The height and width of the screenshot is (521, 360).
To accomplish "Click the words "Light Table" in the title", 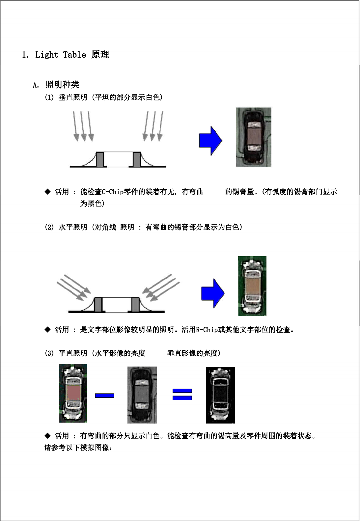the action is point(61,55).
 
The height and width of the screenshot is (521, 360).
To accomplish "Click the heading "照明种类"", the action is point(62,85).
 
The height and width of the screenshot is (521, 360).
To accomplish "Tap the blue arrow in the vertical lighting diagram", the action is point(210,141).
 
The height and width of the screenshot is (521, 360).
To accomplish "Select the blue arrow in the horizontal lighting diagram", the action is point(213,293).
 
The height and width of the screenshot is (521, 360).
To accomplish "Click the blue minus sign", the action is point(104,396).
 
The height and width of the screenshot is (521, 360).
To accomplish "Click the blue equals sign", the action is point(182,394).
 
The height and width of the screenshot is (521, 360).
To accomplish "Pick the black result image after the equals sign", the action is point(220,395).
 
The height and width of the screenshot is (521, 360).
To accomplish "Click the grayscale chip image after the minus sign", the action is point(142,395).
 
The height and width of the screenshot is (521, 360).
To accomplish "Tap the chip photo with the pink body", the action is point(73,393).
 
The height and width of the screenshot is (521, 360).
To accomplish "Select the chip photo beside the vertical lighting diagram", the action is point(254,137).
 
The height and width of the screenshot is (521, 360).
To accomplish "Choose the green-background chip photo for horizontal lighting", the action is point(252,286).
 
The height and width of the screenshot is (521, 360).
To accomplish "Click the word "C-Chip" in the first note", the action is point(113,192).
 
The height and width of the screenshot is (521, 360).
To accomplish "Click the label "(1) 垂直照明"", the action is point(66,97).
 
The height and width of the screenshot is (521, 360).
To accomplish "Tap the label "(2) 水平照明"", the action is point(66,227).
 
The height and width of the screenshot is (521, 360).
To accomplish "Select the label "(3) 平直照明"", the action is point(66,353).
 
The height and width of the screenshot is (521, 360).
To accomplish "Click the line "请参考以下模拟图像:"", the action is point(78,448).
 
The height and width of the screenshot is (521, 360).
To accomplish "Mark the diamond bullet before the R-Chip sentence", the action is point(47,329).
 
